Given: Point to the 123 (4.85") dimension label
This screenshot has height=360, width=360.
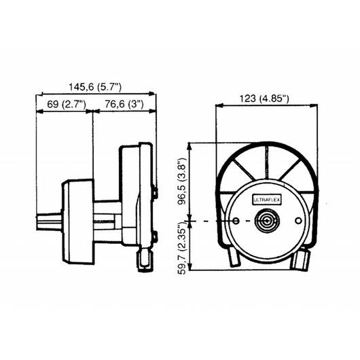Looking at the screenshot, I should [x=264, y=98].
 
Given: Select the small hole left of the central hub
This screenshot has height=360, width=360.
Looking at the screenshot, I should [x=234, y=222].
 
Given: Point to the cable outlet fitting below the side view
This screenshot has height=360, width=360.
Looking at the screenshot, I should [x=145, y=259].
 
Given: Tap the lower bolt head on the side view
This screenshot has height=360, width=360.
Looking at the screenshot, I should [x=156, y=236].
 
